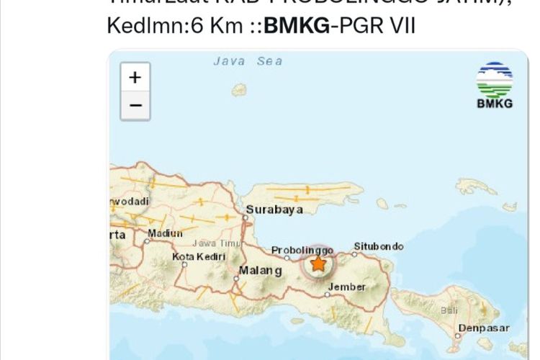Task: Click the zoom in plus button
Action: pyautogui.click(x=135, y=77)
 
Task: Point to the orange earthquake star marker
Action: pyautogui.click(x=318, y=264)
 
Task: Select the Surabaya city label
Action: pyautogui.click(x=274, y=210)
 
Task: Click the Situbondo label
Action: pyautogui.click(x=378, y=246)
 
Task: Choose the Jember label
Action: pyautogui.click(x=347, y=287)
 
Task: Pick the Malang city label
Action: pyautogui.click(x=260, y=271)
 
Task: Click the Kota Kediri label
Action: pyautogui.click(x=199, y=256)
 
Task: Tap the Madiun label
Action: pyautogui.click(x=165, y=233)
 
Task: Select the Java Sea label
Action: pyautogui.click(x=248, y=61)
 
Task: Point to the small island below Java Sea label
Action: pyautogui.click(x=239, y=89)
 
